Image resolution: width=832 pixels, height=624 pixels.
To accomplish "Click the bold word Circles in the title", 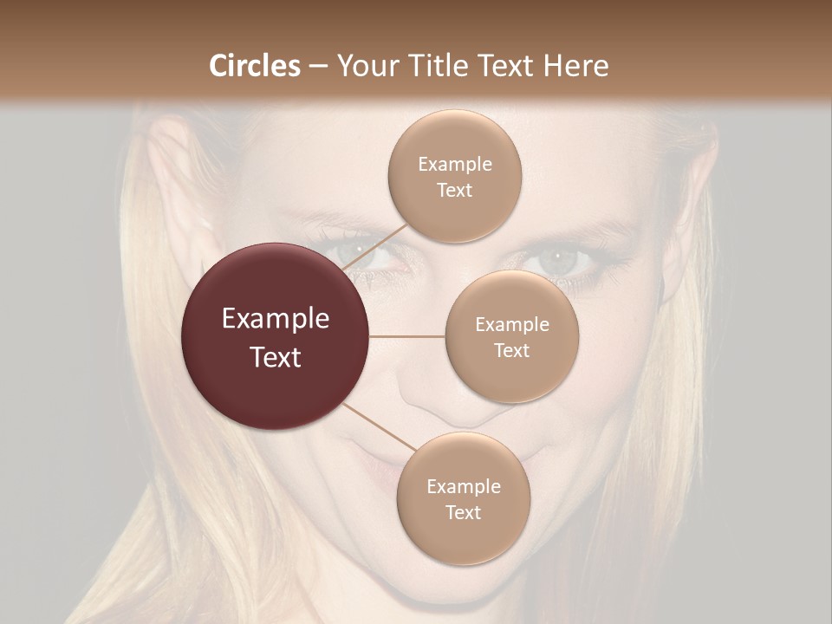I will (255, 66).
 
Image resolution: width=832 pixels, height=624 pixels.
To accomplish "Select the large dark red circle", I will (276, 336).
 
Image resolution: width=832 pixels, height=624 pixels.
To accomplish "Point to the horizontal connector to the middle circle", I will (407, 336).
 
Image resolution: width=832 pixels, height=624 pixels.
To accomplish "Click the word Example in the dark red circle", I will (276, 319).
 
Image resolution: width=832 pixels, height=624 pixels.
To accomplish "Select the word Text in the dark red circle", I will (276, 357).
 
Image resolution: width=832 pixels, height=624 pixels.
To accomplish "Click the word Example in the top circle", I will (454, 164).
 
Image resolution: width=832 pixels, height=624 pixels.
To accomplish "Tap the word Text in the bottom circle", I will (463, 512).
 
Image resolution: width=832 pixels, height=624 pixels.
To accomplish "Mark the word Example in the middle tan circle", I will (511, 325).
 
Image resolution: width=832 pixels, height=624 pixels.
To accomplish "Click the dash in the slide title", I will (317, 67).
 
